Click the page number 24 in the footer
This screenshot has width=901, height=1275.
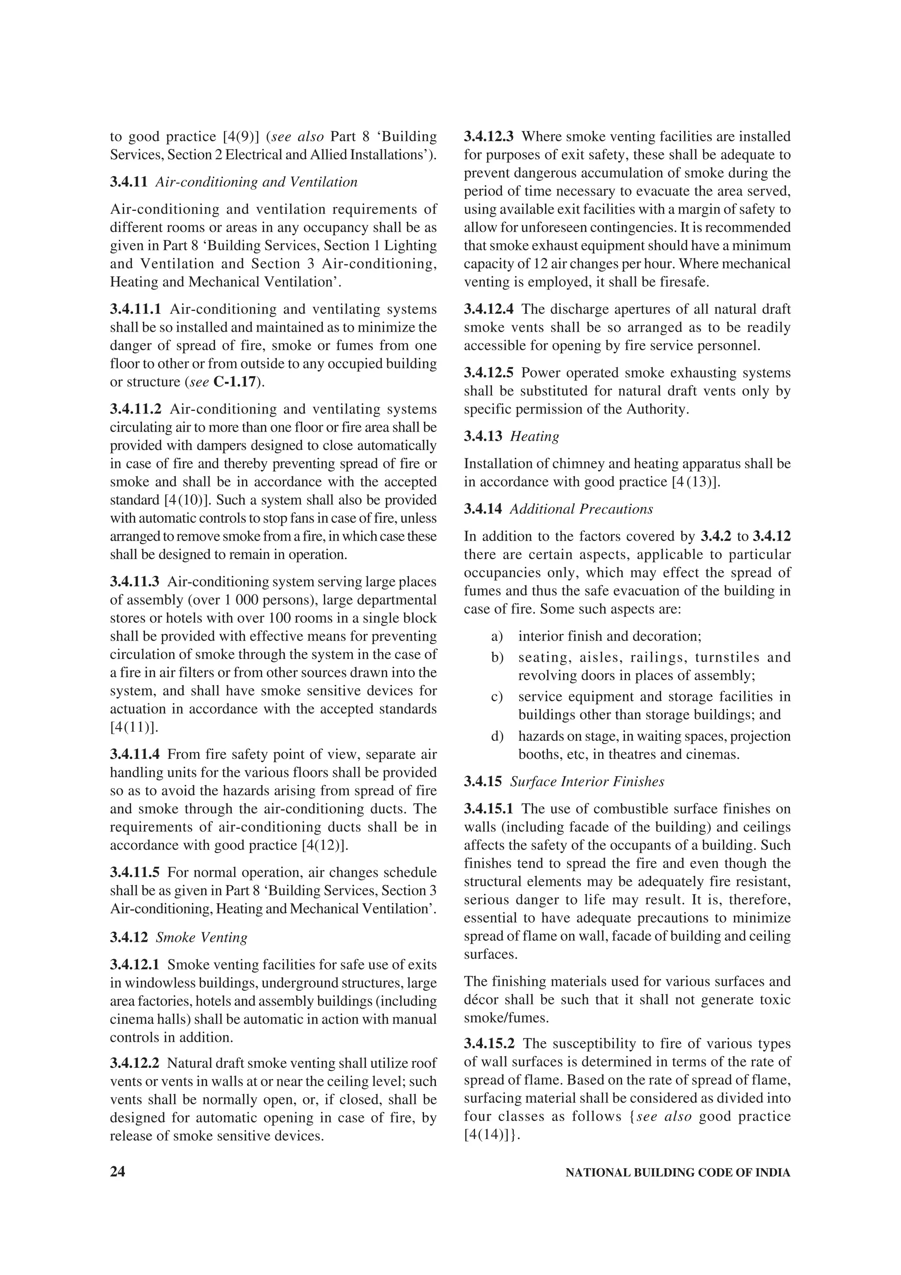pyautogui.click(x=118, y=1172)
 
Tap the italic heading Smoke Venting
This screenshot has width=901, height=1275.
pyautogui.click(x=201, y=938)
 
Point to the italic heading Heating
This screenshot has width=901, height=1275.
pyautogui.click(x=535, y=436)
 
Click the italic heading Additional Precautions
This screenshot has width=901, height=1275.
pyautogui.click(x=581, y=509)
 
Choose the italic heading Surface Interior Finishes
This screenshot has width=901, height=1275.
pyautogui.click(x=587, y=782)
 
